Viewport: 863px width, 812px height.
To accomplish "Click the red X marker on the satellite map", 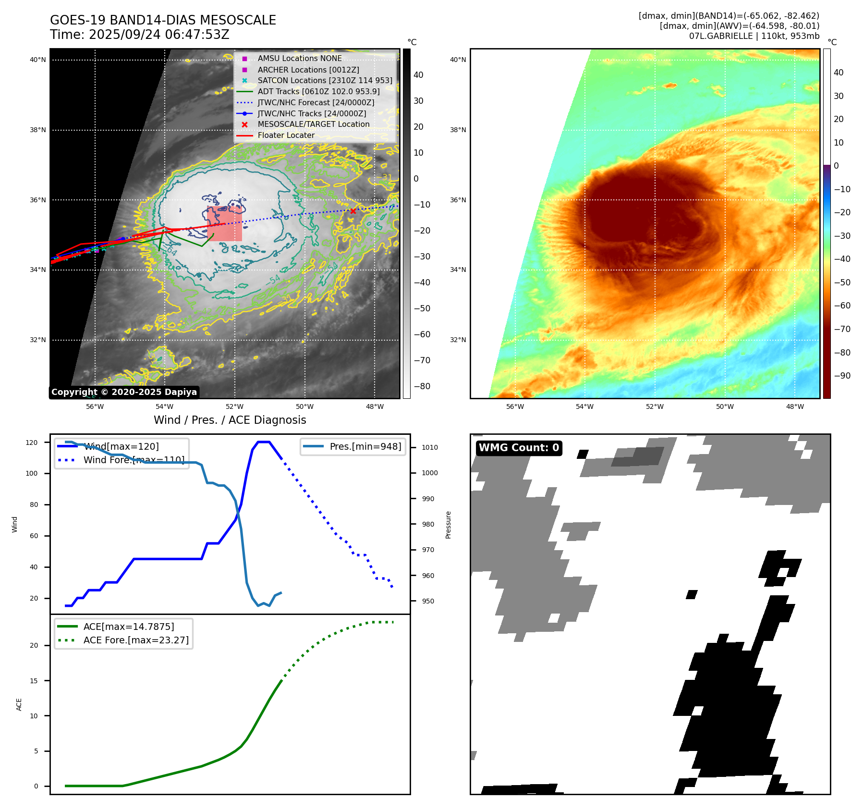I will [x=353, y=211].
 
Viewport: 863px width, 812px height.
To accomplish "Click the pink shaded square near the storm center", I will [x=225, y=224].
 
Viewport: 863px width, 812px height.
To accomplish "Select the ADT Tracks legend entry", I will [x=318, y=91].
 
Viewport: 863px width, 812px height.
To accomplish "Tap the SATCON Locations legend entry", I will [x=325, y=80].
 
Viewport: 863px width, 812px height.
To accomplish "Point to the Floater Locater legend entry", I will [x=286, y=135].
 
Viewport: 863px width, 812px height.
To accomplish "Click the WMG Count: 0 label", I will [x=519, y=448].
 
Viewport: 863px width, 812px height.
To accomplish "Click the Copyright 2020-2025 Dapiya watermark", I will [x=124, y=392].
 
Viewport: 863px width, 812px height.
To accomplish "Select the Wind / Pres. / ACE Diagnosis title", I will [x=230, y=420].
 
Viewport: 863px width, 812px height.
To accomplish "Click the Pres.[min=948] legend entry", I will [x=365, y=446].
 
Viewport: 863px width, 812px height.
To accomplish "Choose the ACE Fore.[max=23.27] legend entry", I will [x=136, y=640].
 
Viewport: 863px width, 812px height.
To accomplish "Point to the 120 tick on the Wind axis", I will [x=32, y=443].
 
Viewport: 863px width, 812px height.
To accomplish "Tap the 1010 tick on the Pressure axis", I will [x=430, y=447].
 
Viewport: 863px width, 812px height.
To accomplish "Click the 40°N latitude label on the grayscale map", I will [x=38, y=60].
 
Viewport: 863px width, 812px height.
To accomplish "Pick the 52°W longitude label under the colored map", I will [x=655, y=406].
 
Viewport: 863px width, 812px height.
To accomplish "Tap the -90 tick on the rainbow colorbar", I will [x=842, y=376].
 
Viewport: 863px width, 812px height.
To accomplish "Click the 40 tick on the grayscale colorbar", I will [x=418, y=75].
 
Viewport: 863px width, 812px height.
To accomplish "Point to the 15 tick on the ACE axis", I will [x=34, y=681].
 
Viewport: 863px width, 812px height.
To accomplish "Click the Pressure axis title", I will [x=448, y=525].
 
